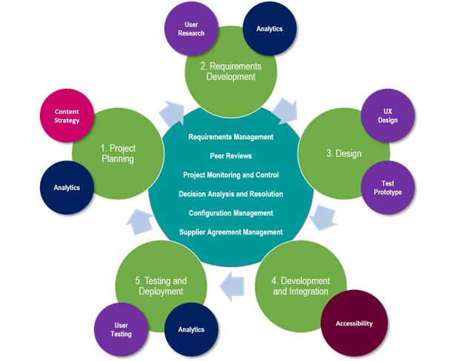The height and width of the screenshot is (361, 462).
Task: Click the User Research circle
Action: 191,29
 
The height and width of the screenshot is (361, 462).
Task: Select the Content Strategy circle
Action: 67,116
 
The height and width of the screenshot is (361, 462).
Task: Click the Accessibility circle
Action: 354,323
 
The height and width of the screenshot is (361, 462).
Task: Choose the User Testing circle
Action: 121,329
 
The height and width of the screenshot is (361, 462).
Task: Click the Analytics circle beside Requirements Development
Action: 269,29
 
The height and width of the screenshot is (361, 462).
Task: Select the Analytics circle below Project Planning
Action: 67,187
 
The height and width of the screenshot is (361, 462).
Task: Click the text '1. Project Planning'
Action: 118,153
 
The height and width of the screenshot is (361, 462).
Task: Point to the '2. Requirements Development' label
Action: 230,71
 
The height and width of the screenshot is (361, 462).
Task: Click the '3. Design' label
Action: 344,154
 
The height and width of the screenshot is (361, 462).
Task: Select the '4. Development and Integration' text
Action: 301,286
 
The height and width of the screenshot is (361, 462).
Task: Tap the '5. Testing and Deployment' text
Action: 161,286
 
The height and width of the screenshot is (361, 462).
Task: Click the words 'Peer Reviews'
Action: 230,156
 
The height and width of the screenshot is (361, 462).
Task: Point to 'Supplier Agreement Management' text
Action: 230,232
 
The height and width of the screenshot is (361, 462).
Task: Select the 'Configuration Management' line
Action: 230,213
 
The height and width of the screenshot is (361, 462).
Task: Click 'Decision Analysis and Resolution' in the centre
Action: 230,194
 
